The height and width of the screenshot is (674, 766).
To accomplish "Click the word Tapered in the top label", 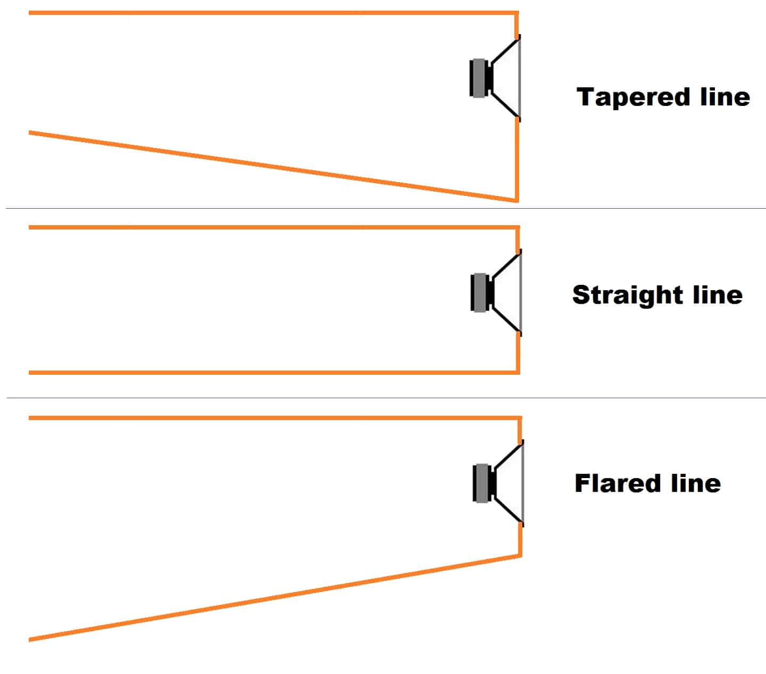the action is (634, 98).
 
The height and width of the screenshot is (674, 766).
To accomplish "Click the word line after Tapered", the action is (725, 97).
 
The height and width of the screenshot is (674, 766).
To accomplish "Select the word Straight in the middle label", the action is (628, 295).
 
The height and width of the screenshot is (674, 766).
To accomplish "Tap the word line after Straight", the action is (718, 295).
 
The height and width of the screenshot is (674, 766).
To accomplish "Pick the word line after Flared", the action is (696, 483).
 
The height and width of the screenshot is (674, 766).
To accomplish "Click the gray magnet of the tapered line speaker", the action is (479, 78).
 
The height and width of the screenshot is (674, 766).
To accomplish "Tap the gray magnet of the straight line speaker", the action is (480, 292).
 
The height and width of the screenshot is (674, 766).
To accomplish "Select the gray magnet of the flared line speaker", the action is (482, 483).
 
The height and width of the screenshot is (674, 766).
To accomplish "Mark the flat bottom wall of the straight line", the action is (274, 373).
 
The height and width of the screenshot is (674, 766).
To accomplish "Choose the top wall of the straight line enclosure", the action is (274, 227).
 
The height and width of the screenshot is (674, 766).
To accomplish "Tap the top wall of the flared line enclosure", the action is (275, 418).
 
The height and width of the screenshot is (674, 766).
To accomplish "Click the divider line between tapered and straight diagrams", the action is (386, 209).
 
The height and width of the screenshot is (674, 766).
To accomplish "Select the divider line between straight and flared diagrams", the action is (386, 398).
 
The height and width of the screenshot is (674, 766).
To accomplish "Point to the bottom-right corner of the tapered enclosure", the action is (517, 201).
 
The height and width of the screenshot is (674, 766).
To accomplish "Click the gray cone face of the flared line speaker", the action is (523, 483).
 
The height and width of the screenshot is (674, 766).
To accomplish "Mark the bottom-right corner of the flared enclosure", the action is (520, 555).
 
